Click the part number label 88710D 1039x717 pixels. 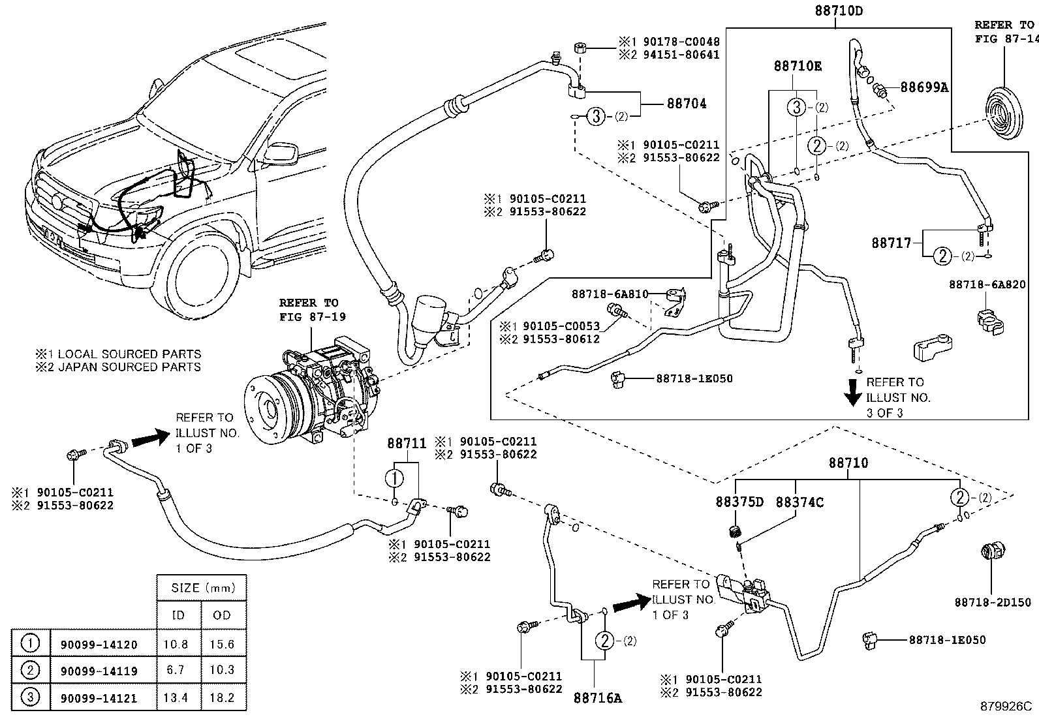838,11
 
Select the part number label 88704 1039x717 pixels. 687,104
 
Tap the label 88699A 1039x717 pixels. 924,87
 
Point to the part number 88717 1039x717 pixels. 891,243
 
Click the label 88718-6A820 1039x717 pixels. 987,284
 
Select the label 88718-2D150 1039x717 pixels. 993,602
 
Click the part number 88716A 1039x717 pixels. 598,698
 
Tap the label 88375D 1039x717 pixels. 739,502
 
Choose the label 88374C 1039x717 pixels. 799,502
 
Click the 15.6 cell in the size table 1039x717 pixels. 222,644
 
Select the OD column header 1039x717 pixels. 222,615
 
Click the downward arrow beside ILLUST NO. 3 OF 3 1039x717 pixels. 852,392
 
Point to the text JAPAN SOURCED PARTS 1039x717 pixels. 129,367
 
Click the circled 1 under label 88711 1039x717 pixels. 395,478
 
